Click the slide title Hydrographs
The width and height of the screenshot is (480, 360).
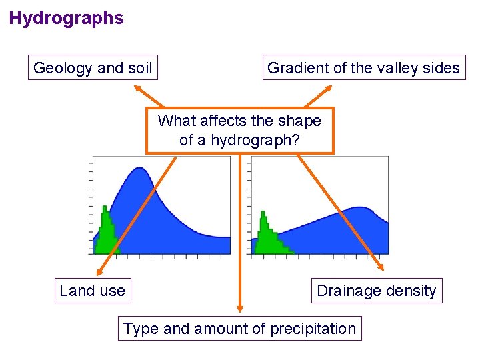66,18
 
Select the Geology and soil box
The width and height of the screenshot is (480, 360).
93,67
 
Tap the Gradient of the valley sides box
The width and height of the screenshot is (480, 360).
363,67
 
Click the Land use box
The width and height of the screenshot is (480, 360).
92,291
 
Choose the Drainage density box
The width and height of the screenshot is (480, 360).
376,291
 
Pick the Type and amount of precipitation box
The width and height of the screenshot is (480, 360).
240,329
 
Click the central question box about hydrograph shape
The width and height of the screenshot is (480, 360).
239,131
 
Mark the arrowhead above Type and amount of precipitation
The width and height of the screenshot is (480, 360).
240,308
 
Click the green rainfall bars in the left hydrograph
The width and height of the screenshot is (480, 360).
105,233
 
